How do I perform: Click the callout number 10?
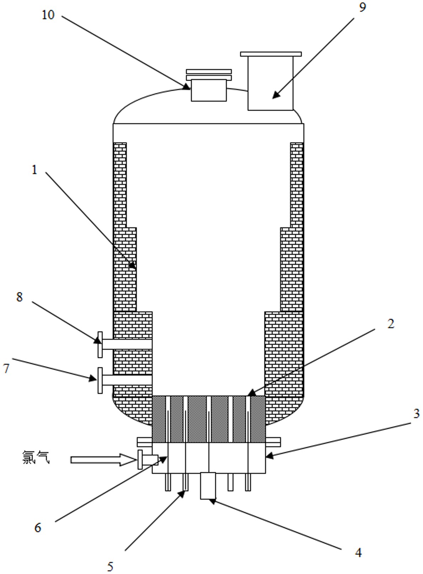pyautogui.click(x=48, y=15)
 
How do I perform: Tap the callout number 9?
pyautogui.click(x=362, y=8)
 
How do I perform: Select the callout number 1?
pyautogui.click(x=35, y=170)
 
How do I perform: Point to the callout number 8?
pyautogui.click(x=20, y=297)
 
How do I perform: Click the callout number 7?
pyautogui.click(x=6, y=368)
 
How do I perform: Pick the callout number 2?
pyautogui.click(x=391, y=324)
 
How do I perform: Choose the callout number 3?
pyautogui.click(x=416, y=413)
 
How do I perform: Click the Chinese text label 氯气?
pyautogui.click(x=36, y=457)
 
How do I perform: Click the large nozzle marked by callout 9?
pyautogui.click(x=270, y=83)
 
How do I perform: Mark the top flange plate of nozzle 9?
pyautogui.click(x=271, y=54)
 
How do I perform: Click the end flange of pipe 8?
pyautogui.click(x=100, y=344)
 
